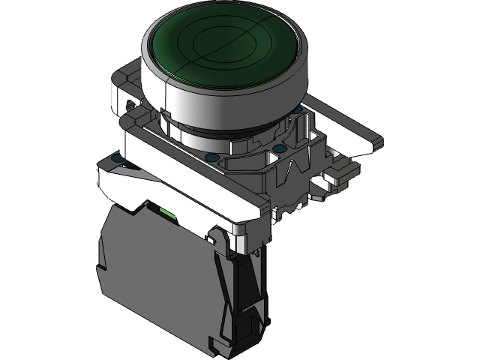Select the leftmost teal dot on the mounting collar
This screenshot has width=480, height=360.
[115, 157]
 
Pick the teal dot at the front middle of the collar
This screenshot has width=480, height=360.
[209, 157]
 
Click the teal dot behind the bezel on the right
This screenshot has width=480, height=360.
[298, 110]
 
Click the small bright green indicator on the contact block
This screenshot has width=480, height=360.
[169, 217]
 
